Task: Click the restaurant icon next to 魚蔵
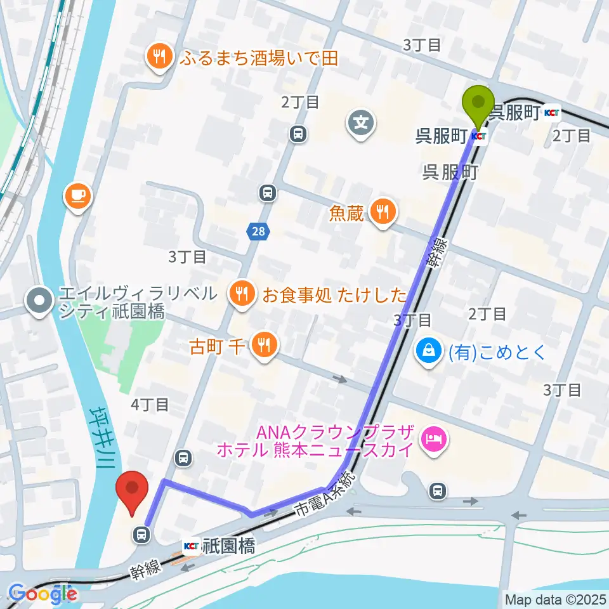tap(381, 213)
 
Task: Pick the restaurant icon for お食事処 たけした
tap(243, 294)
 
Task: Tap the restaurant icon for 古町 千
tap(263, 346)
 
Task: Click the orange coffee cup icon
tap(78, 193)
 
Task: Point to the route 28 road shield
tap(258, 232)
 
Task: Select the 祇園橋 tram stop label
tap(229, 546)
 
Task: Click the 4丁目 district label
tap(150, 403)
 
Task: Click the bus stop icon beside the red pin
tap(141, 535)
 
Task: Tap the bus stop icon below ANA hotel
tap(437, 490)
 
